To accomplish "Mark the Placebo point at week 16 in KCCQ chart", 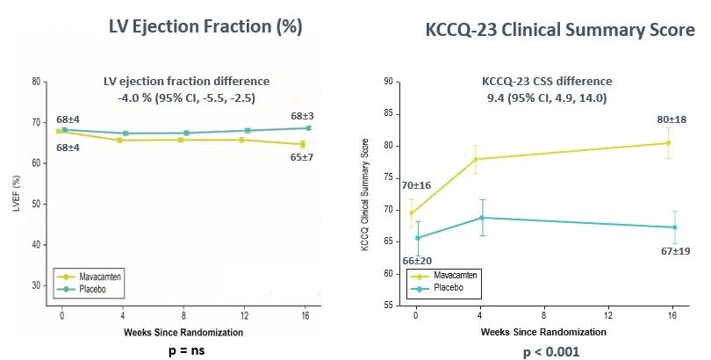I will tap(674, 227).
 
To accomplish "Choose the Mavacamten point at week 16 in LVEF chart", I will tap(302, 144).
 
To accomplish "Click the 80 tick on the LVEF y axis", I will tap(35, 82).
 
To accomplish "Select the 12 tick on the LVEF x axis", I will tap(242, 313).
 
